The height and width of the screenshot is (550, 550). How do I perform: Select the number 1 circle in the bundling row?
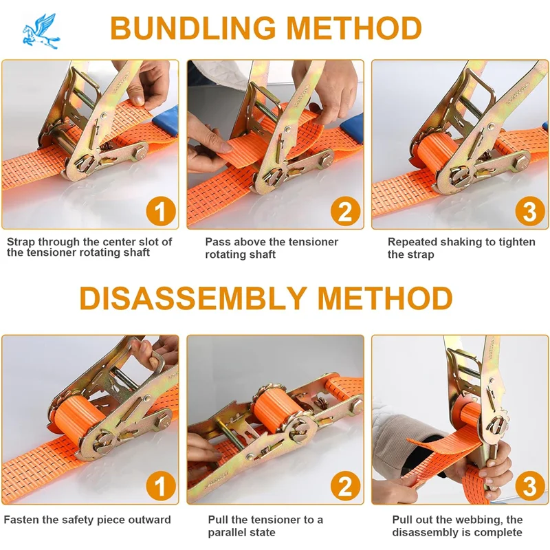tap(160, 211)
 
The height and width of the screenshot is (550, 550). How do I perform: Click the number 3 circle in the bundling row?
tap(529, 211)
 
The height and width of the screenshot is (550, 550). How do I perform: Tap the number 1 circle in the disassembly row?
tap(160, 487)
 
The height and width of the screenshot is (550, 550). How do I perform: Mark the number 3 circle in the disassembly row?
tap(529, 487)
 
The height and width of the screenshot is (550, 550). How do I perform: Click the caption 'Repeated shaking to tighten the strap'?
tap(461, 248)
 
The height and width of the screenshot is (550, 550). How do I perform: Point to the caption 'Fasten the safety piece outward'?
tap(87, 520)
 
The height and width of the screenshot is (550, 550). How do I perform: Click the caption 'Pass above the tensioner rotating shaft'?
tap(272, 248)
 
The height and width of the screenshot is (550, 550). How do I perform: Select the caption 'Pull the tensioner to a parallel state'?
tap(265, 526)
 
